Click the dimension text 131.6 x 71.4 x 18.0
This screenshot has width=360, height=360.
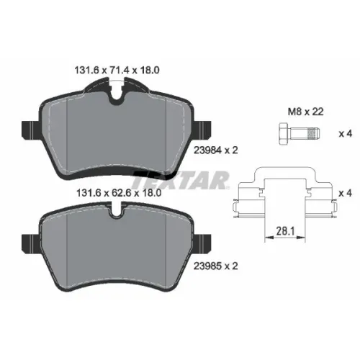(x=117, y=71)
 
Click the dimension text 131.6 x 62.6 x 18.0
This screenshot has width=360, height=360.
(x=119, y=193)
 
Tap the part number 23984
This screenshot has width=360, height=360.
(x=207, y=150)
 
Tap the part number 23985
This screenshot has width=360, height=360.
(x=207, y=266)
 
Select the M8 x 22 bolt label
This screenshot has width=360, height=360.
(x=305, y=112)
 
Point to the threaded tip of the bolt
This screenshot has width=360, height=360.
(x=314, y=133)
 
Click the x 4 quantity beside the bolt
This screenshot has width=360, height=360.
(x=346, y=133)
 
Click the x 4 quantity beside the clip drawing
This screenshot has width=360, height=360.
(x=346, y=193)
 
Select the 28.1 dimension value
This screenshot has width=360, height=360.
(x=285, y=231)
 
